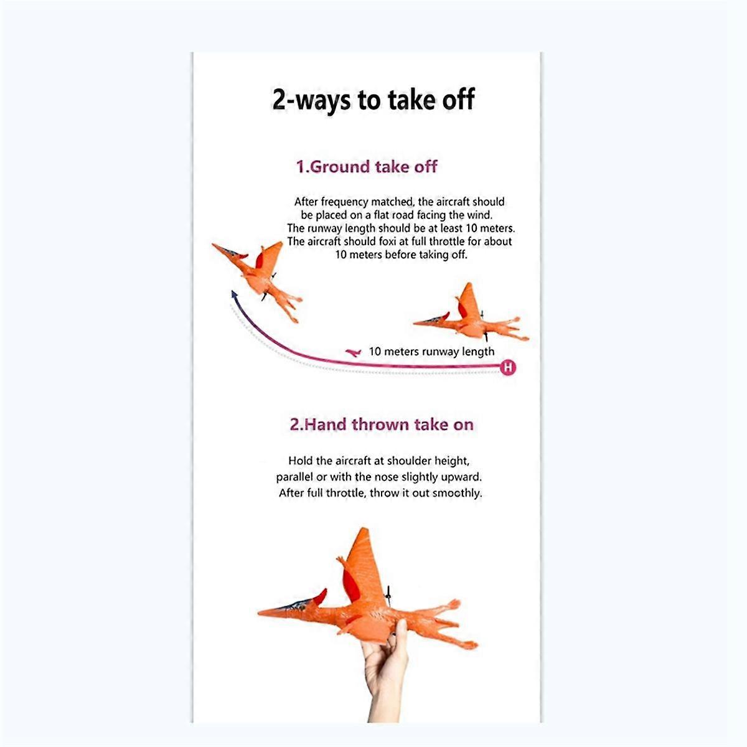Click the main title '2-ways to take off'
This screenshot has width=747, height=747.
click(374, 100)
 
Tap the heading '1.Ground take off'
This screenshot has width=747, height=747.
click(367, 167)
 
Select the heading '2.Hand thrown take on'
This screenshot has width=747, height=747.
click(382, 425)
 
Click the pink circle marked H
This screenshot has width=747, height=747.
click(508, 367)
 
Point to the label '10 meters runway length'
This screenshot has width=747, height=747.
click(431, 352)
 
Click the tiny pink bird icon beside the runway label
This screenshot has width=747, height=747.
click(353, 352)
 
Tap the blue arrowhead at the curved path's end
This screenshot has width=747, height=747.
click(234, 294)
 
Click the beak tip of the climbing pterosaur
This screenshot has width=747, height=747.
click(214, 245)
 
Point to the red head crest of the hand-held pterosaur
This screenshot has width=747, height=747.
click(320, 597)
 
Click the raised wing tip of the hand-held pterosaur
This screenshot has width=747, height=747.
click(363, 530)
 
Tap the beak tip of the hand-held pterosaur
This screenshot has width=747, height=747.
click(260, 613)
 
